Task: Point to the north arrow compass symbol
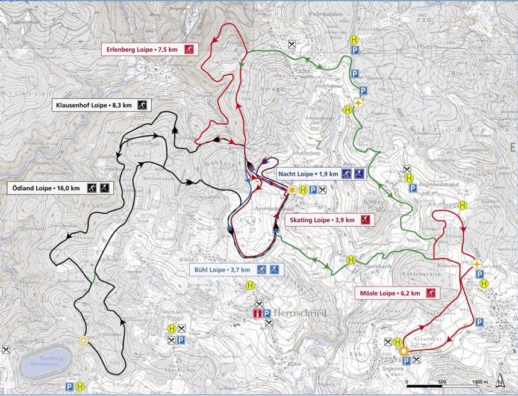pos(499,381)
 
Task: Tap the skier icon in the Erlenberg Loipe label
pos(189,48)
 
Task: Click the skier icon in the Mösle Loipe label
pos(431,293)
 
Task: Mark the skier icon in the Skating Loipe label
pos(366,220)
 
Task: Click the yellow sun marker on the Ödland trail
pos(84,340)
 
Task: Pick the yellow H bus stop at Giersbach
pos(351,259)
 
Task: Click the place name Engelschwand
pos(437,185)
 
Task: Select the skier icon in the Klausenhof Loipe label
pos(142,105)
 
